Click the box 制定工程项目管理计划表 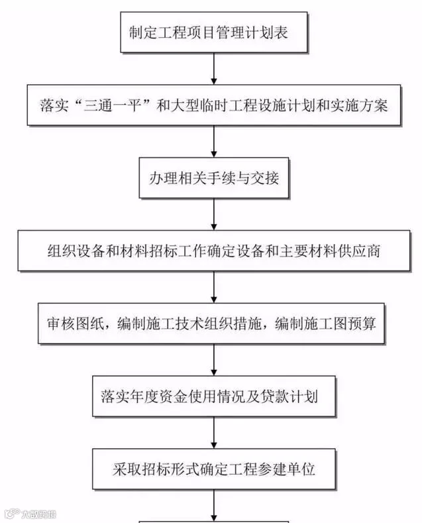click(213, 31)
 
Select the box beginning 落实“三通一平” click(213, 105)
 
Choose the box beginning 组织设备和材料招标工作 click(213, 251)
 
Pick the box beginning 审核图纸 click(213, 324)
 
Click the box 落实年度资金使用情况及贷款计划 click(213, 397)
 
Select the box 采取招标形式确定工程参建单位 click(213, 470)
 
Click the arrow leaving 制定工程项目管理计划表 click(213, 68)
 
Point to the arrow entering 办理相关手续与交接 click(213, 141)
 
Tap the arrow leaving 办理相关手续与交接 click(213, 213)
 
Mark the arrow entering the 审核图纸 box click(213, 287)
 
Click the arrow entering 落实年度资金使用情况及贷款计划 click(213, 360)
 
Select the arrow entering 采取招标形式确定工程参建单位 click(213, 434)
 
